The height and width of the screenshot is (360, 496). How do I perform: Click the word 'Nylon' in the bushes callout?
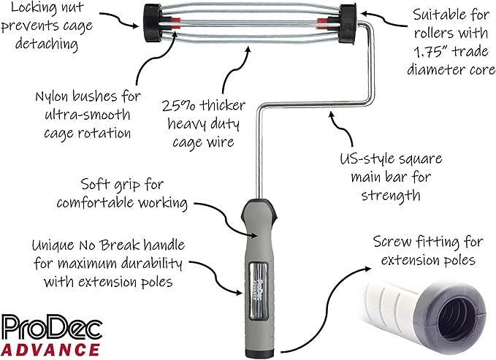pyautogui.click(x=53, y=96)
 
